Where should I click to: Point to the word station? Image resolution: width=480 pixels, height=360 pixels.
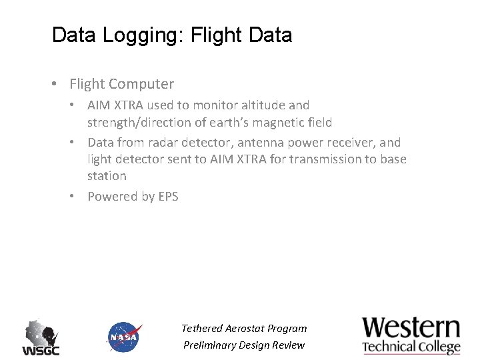pyautogui.click(x=107, y=176)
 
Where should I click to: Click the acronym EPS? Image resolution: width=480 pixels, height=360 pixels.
pyautogui.click(x=168, y=197)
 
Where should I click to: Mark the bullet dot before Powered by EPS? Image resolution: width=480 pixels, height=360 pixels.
pyautogui.click(x=77, y=197)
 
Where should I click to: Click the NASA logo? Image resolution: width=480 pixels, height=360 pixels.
pyautogui.click(x=124, y=337)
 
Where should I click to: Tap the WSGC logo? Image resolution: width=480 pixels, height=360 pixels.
pyautogui.click(x=41, y=337)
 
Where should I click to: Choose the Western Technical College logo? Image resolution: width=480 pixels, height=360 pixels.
pyautogui.click(x=411, y=335)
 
